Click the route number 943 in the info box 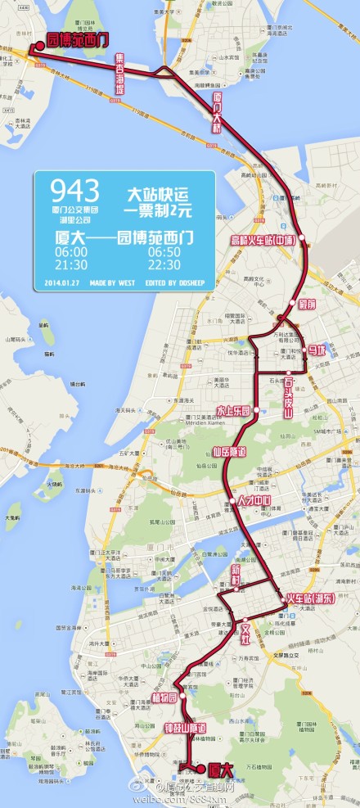tap(74, 192)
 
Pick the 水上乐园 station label tap(232, 409)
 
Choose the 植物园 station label tap(164, 697)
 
